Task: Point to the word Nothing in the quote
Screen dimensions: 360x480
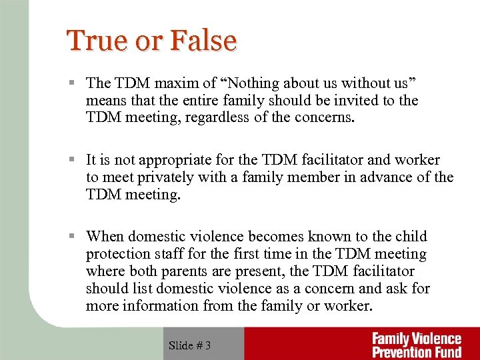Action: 256,83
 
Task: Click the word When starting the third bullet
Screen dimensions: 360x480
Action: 105,237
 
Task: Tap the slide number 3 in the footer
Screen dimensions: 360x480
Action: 208,345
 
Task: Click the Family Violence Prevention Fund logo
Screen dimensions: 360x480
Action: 416,345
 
